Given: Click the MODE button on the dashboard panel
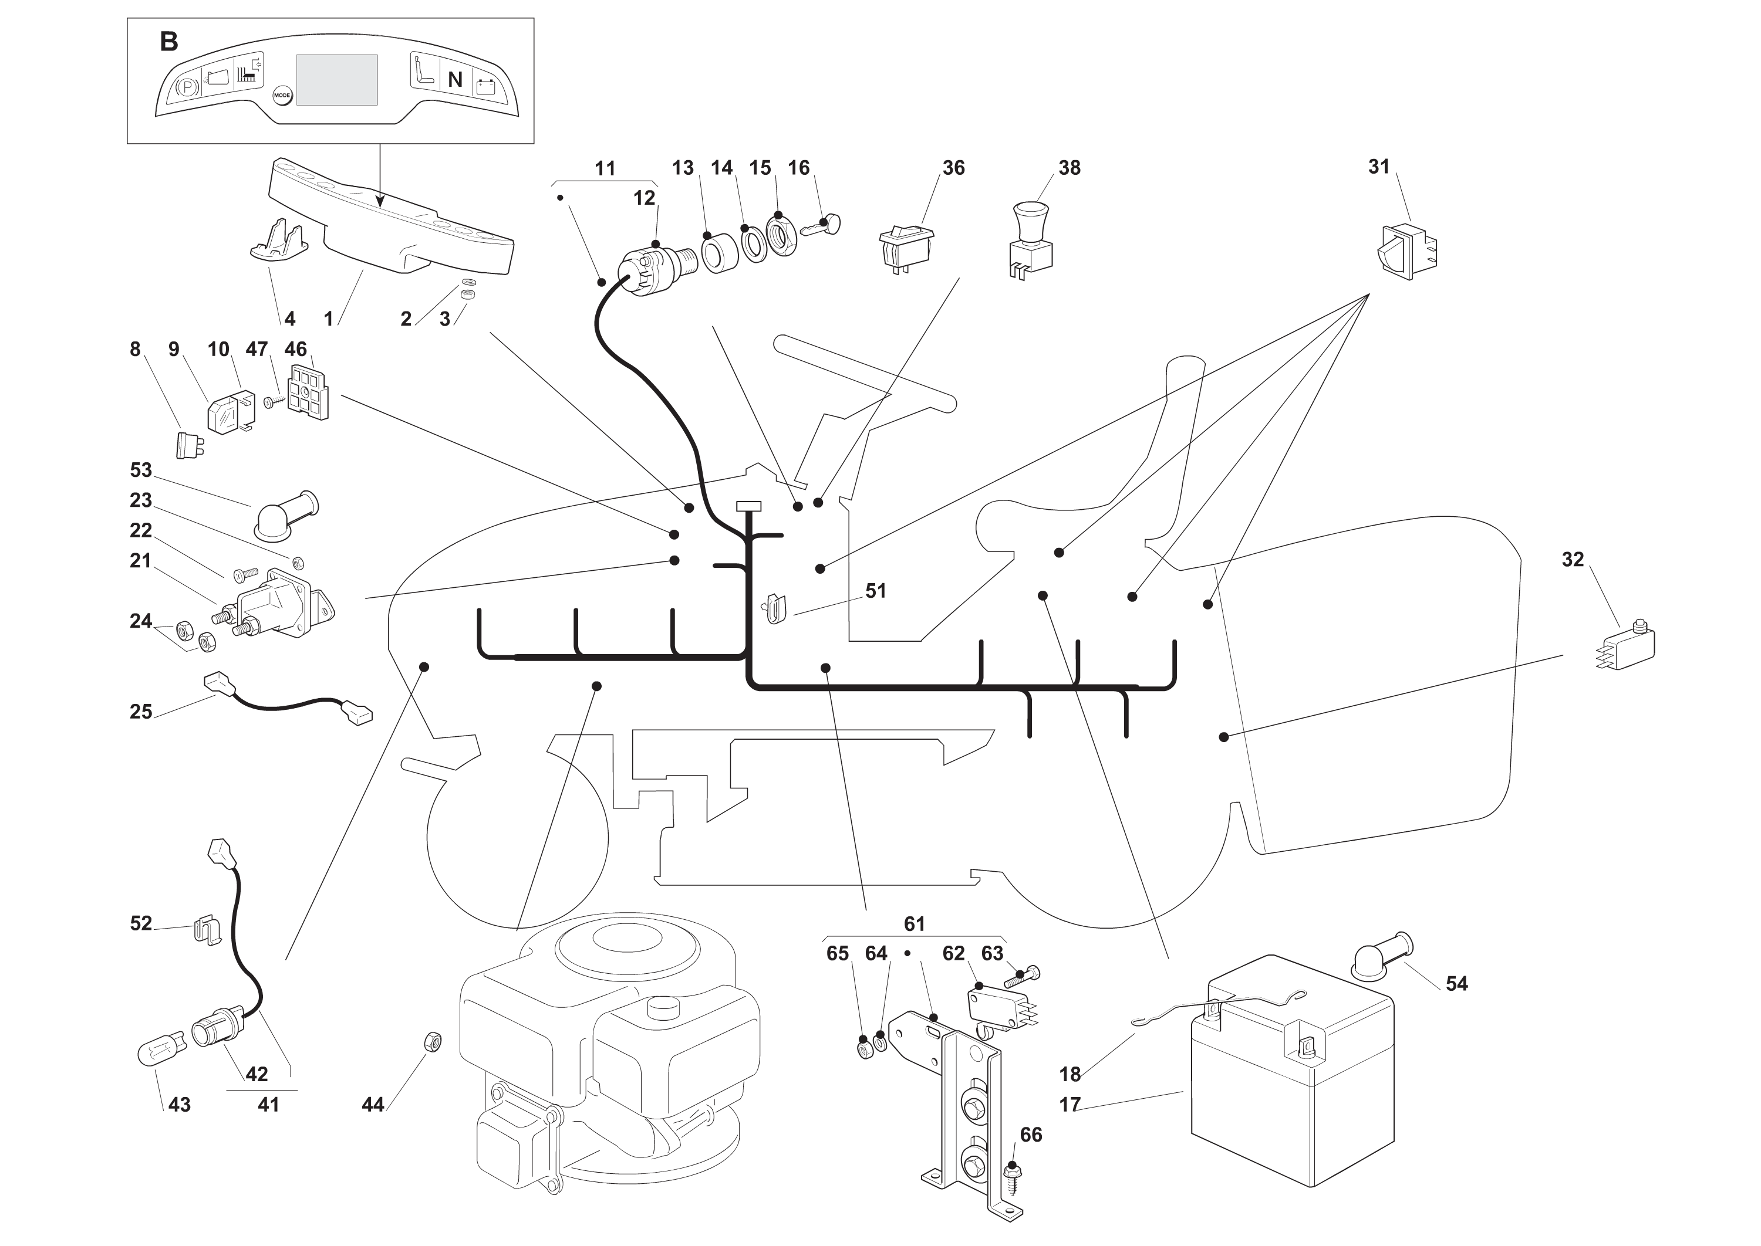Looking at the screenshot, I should [x=282, y=96].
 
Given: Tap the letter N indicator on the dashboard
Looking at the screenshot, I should [x=456, y=80].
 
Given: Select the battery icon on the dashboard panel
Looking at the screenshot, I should [x=485, y=86].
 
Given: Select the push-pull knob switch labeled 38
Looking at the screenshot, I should [x=1031, y=238].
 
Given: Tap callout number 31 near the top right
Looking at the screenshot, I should [x=1379, y=167].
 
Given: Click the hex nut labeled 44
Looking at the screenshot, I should [x=432, y=1042].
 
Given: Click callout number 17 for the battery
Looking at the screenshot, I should [x=1070, y=1104].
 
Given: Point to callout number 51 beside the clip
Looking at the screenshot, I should [x=875, y=591].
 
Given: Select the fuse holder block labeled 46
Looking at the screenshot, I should [x=307, y=391].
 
